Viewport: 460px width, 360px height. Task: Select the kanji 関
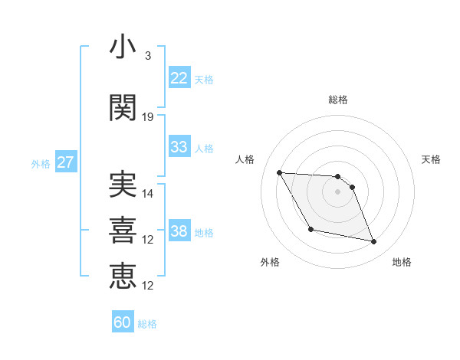tap(123, 107)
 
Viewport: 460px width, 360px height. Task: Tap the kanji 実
tap(123, 184)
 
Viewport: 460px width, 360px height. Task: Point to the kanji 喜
tap(123, 229)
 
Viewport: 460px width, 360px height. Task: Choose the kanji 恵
tap(123, 275)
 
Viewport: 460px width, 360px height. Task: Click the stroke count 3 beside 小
tap(148, 56)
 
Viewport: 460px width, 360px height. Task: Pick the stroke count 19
tap(148, 117)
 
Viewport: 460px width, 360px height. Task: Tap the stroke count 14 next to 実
tap(148, 194)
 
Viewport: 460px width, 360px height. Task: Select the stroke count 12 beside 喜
tap(148, 240)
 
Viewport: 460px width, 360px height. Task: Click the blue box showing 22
tap(179, 78)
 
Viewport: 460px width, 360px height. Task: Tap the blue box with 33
tap(179, 147)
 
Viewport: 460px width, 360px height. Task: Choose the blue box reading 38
tap(179, 231)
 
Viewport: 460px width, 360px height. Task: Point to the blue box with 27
tap(66, 162)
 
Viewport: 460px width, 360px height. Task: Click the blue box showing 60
tap(123, 322)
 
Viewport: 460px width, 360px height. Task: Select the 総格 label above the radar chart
tap(338, 100)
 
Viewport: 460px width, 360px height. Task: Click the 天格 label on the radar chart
tap(432, 159)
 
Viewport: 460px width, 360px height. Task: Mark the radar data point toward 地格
tap(374, 242)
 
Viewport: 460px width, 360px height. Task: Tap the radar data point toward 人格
tap(279, 172)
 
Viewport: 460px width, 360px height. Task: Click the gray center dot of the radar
tap(338, 191)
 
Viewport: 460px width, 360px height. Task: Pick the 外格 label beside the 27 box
tap(41, 163)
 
